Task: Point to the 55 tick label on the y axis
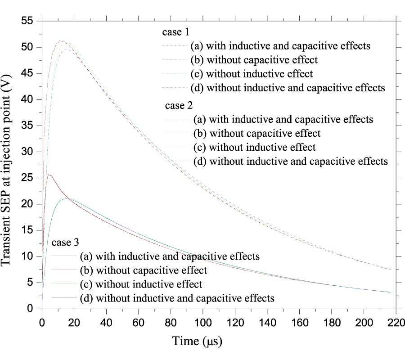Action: (27, 21)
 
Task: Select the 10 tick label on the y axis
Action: (27, 256)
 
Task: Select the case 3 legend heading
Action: (66, 243)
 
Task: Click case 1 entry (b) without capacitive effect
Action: (254, 60)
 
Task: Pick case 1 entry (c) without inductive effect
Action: (252, 73)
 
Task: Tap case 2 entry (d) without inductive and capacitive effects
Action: (290, 161)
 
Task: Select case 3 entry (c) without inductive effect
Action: (141, 284)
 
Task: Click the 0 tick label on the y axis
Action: (30, 309)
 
